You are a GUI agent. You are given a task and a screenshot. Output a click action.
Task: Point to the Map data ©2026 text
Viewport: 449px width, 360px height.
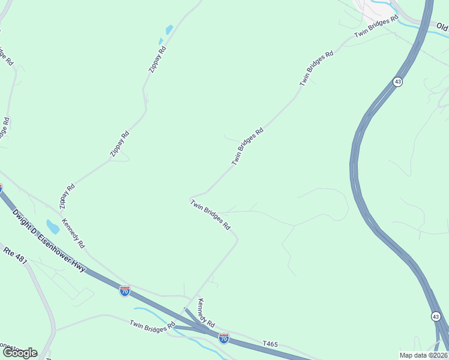point(424,355)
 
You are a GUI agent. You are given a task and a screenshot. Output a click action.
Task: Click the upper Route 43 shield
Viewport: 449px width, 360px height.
point(397,81)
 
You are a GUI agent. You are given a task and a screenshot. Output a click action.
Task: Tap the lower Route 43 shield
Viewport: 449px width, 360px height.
point(436,316)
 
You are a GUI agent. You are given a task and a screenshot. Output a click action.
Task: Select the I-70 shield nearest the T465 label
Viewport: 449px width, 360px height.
point(223,338)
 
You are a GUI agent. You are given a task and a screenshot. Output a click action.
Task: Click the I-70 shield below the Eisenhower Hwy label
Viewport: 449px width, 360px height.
point(124,292)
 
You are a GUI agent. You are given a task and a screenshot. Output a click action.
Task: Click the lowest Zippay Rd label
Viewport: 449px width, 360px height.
point(67,196)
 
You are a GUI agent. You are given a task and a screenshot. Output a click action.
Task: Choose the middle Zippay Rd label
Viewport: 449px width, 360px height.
point(119,145)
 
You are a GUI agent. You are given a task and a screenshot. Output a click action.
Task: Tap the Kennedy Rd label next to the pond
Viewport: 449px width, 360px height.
point(74,233)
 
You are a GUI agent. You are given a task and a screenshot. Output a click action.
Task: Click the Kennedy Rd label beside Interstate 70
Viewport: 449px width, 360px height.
point(206,312)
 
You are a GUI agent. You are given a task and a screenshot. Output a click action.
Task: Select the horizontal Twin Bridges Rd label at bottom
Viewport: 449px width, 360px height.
point(152,326)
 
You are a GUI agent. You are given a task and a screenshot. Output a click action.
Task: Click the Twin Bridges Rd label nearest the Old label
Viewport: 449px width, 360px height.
point(376,26)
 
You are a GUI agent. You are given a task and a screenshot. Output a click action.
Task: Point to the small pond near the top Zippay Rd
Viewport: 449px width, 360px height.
point(169,29)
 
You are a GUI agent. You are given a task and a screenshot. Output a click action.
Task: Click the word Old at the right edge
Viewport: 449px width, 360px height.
point(442,27)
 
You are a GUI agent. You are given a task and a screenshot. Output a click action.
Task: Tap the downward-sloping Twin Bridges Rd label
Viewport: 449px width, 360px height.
point(211,215)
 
